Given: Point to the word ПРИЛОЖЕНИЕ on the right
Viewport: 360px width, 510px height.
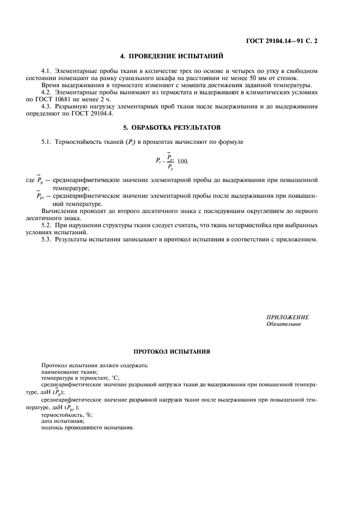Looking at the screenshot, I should point(288,317).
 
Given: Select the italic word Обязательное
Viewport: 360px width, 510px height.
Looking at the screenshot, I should point(283,324).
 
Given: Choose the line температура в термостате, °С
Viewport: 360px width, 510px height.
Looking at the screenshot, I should point(80,378).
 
